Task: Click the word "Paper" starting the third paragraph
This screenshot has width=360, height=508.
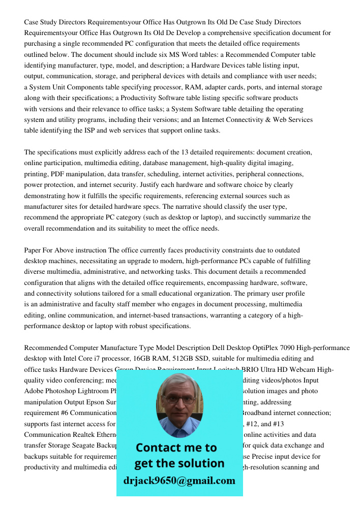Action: tap(33, 250)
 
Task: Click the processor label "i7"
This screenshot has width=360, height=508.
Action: tap(101, 359)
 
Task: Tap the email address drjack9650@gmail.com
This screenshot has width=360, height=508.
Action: tap(179, 480)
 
